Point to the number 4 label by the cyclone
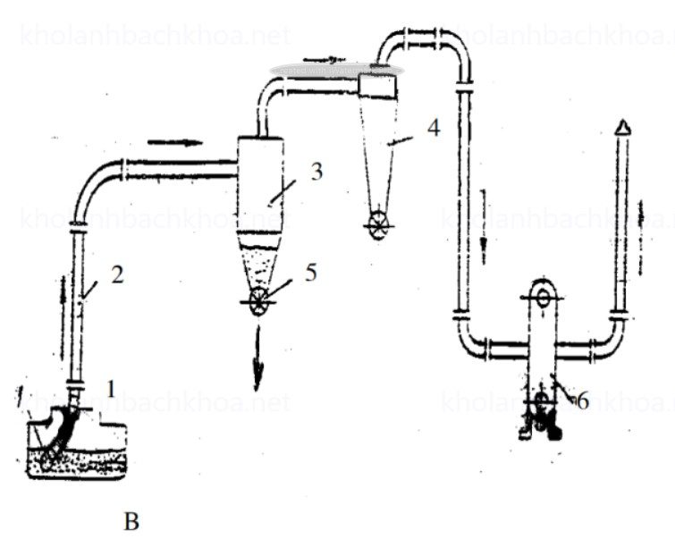(x=433, y=127)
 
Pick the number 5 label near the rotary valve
(x=309, y=272)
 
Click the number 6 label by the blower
(x=581, y=400)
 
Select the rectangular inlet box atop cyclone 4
(x=377, y=86)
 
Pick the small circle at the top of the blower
(x=541, y=294)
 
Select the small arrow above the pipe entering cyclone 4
(x=330, y=63)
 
